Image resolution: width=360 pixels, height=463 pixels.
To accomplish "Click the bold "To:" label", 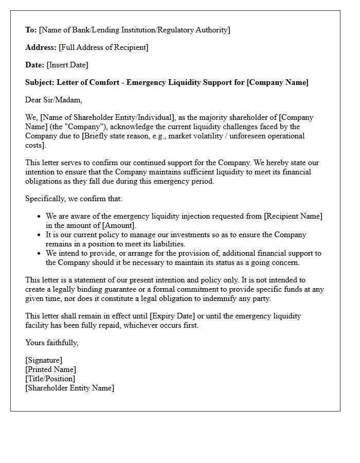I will [31, 30].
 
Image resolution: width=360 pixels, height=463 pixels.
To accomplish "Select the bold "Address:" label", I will [41, 47].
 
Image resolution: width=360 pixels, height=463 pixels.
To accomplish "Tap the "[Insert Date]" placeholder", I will [67, 65].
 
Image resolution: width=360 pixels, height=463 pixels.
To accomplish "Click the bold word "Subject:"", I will [40, 82].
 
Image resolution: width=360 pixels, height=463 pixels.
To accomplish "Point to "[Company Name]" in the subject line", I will [278, 82].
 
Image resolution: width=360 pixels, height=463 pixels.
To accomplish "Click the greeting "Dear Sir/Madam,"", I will [53, 100].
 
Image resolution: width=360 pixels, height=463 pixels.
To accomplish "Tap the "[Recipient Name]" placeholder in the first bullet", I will [293, 216].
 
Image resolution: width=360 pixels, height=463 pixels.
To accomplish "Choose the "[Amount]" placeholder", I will [119, 225].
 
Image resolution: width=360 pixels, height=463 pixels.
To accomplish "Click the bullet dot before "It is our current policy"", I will [39, 235].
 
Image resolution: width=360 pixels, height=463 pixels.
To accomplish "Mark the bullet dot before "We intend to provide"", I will [39, 253].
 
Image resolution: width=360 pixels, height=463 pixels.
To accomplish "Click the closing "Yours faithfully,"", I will [52, 343].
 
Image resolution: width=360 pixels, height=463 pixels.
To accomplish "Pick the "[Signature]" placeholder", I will [44, 360].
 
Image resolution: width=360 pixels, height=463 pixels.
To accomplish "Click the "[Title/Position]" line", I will [50, 379].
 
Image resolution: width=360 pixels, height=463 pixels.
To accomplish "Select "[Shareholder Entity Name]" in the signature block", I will [69, 388].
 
